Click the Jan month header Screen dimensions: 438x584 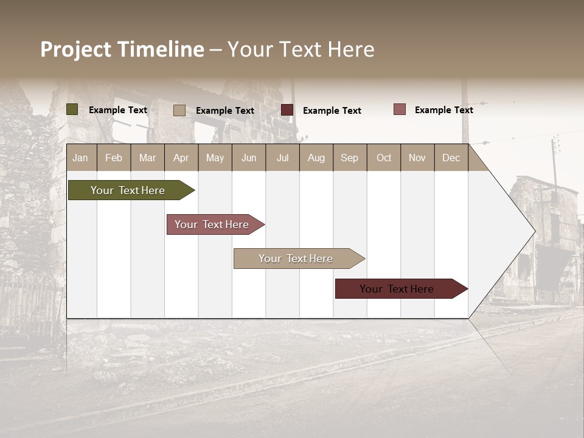point(81,158)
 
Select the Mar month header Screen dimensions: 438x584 point(147,158)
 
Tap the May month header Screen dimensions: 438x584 point(215,158)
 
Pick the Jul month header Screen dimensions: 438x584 point(282,158)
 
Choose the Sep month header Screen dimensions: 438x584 point(349,158)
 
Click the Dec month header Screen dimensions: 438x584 point(451,158)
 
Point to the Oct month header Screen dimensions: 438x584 point(383,158)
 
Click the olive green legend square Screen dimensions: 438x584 point(72,109)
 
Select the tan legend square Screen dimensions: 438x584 point(179,110)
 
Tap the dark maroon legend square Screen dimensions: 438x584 point(287,109)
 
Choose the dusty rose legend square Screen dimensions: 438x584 point(400,109)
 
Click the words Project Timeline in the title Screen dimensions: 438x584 point(122,49)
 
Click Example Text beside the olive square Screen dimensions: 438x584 point(118,110)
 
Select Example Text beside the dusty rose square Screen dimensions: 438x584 point(443,110)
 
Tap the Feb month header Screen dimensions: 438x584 point(114,158)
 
